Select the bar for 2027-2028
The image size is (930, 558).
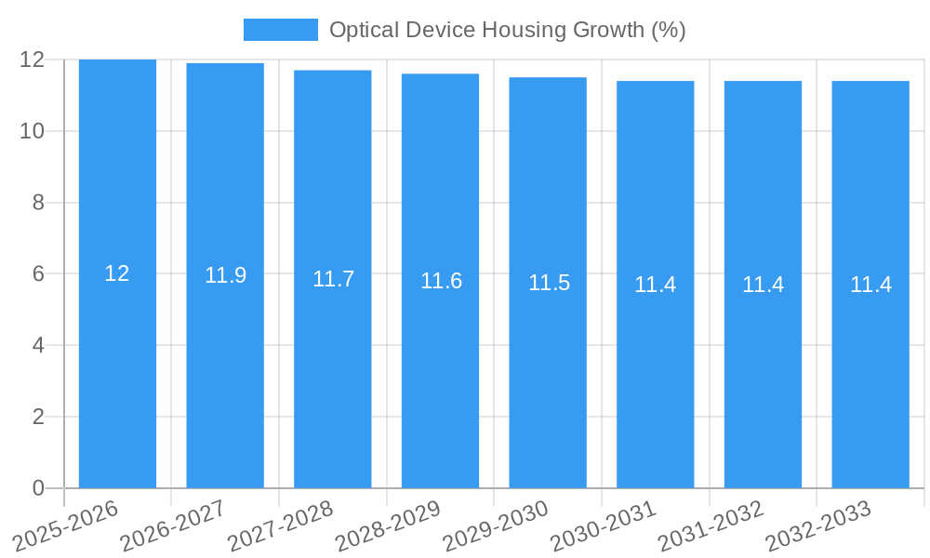coord(333,372)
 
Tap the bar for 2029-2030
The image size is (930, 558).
coord(548,372)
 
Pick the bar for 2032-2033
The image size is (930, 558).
coord(870,372)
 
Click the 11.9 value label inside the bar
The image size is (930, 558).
coord(225,275)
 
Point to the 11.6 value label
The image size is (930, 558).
coord(441,281)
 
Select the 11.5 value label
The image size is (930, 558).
coord(549,283)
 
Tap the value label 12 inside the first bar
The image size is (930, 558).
coord(117,273)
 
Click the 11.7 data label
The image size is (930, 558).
coord(333,279)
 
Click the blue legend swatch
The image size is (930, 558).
coord(280,30)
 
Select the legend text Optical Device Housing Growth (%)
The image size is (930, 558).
coord(507,30)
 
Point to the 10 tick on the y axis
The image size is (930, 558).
coord(33,131)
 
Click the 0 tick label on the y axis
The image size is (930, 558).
coord(38,488)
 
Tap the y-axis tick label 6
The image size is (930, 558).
coord(38,274)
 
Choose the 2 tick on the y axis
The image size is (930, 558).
coord(38,417)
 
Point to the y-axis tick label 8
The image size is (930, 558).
coord(38,203)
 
